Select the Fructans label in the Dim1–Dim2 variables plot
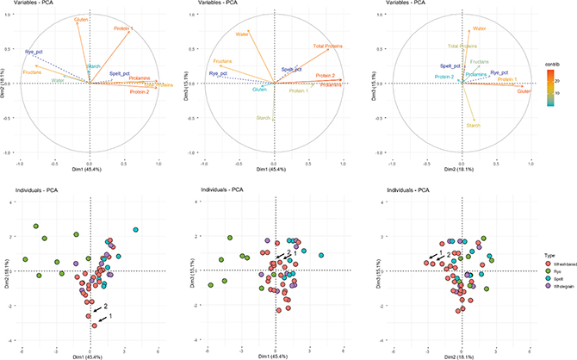pyautogui.click(x=33, y=72)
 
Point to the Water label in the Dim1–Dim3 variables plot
pyautogui.click(x=243, y=34)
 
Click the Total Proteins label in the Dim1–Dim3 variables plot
pyautogui.click(x=327, y=46)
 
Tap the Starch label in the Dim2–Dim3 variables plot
pyautogui.click(x=473, y=126)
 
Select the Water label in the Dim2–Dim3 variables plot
pyautogui.click(x=480, y=28)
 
